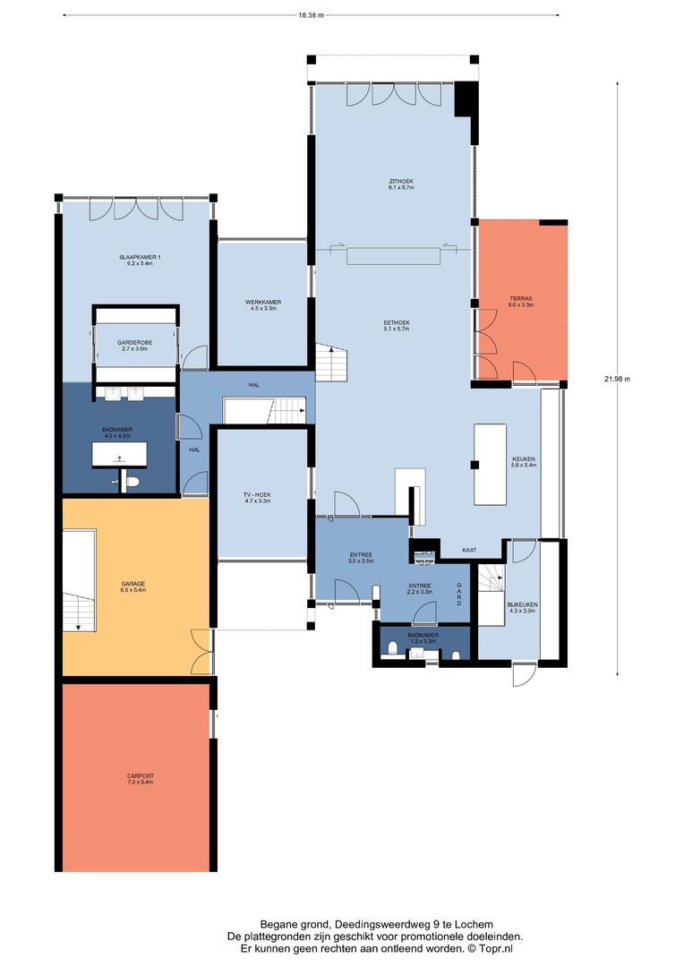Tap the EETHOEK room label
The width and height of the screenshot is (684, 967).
coord(396,325)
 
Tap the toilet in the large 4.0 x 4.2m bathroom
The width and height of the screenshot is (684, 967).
coord(133,482)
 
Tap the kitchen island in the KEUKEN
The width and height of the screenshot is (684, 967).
coord(490,464)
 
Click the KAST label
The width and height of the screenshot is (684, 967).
coord(468,550)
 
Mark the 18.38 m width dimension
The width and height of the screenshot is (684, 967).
coord(311,15)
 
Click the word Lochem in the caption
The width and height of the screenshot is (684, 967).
coord(475,924)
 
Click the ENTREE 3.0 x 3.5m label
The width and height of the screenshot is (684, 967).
coord(360,557)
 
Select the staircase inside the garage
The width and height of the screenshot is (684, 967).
coord(79,579)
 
